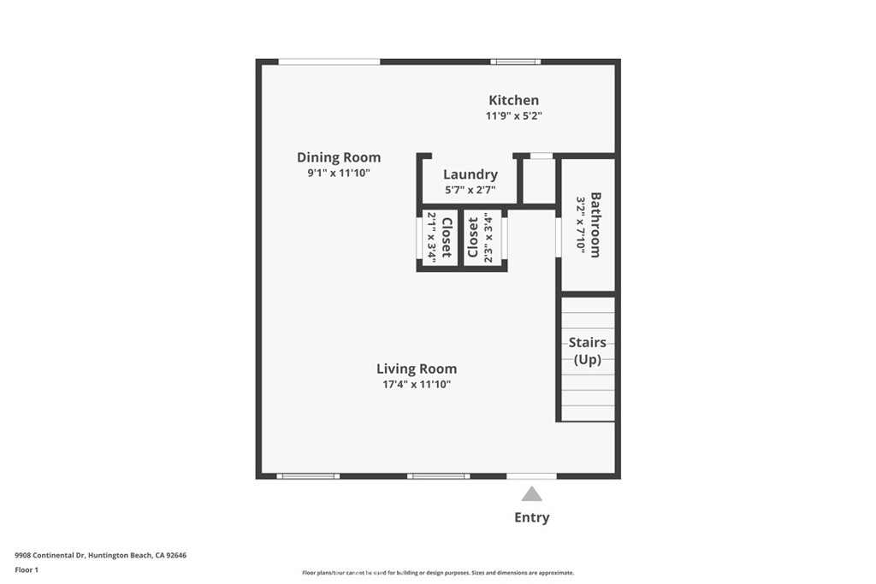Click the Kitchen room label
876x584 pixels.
pos(513,101)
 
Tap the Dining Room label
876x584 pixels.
pos(339,158)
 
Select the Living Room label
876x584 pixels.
pos(417,369)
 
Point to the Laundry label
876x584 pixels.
pos(471,174)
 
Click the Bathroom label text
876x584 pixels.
pos(595,225)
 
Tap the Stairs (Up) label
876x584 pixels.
pos(587,351)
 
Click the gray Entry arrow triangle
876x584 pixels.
pos(532,494)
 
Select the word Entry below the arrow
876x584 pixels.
pos(532,517)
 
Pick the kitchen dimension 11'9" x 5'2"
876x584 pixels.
pos(514,116)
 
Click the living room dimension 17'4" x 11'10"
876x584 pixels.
pos(417,385)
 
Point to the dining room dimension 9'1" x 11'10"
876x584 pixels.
pos(339,173)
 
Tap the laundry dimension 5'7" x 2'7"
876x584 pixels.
pos(471,191)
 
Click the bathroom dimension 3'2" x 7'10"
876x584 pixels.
pos(581,225)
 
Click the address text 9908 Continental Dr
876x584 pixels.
pos(50,556)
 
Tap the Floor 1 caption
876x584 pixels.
pos(27,570)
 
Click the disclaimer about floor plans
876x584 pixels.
pos(438,573)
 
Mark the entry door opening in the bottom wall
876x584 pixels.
pos(531,476)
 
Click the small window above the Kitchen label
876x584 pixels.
pos(516,62)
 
